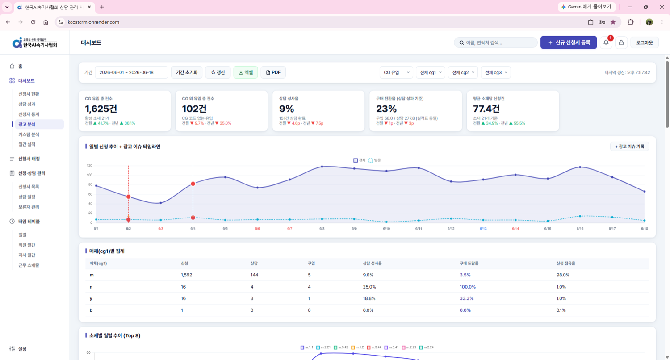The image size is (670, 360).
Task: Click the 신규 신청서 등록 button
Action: click(x=569, y=42)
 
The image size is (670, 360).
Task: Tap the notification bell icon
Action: click(x=606, y=42)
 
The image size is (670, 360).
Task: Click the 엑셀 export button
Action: click(x=246, y=72)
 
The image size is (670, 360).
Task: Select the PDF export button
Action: click(x=273, y=72)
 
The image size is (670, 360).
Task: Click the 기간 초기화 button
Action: click(x=187, y=72)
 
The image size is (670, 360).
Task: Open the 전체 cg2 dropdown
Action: click(x=463, y=72)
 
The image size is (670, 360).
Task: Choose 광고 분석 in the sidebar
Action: click(x=27, y=124)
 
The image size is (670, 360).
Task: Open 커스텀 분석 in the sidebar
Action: click(x=29, y=134)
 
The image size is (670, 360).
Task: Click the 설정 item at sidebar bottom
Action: click(x=22, y=349)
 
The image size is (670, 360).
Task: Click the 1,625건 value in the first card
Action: click(x=101, y=109)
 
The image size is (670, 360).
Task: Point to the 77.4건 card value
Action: click(x=486, y=109)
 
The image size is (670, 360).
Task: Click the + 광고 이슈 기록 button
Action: click(x=629, y=147)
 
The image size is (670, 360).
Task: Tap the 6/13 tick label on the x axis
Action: click(x=483, y=229)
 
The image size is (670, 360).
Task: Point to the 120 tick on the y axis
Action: click(x=89, y=165)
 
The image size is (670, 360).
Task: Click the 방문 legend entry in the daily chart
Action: click(x=375, y=160)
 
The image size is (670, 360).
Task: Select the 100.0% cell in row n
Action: click(x=468, y=287)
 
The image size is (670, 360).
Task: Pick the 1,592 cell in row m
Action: click(x=186, y=275)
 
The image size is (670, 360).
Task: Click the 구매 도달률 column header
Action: click(x=469, y=264)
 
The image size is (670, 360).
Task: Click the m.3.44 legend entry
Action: click(x=374, y=347)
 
